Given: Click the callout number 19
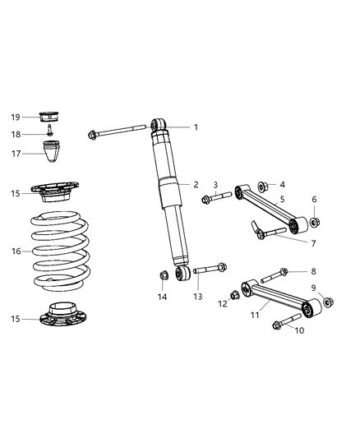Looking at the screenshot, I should tap(16, 118).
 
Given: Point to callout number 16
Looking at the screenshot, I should tap(16, 251).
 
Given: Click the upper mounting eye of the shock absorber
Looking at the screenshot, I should tap(159, 125).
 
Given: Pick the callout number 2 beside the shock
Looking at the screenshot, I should tap(196, 184).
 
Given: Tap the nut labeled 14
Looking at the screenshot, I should tap(163, 274).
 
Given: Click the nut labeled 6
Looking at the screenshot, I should tap(315, 222).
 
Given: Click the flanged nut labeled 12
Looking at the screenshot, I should tap(235, 293).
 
